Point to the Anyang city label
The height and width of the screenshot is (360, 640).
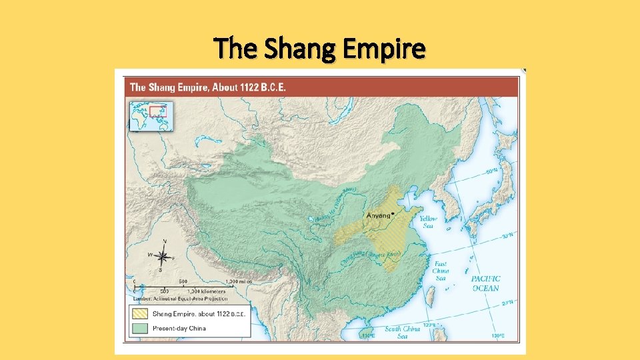pos(379,215)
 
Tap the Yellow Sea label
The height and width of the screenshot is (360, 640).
pos(428,222)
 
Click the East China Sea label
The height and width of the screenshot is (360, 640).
pos(441,271)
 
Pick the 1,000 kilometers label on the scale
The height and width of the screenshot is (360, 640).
pos(206,291)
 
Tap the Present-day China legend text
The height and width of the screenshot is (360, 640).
pos(179,328)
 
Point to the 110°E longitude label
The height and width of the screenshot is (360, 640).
pos(367,335)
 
